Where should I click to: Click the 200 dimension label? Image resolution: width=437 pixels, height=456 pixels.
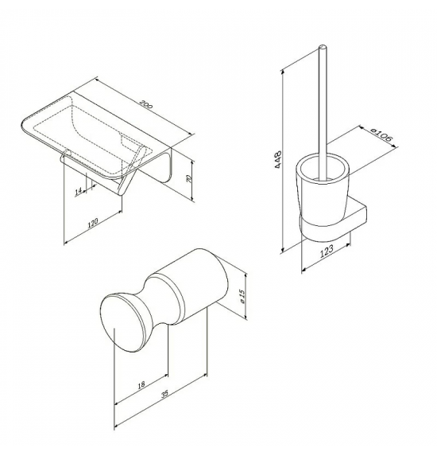(x=145, y=104)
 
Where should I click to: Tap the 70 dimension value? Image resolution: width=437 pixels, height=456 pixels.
(x=189, y=179)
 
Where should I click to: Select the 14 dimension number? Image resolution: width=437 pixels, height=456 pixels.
(x=78, y=191)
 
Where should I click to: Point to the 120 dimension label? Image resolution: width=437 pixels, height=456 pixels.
(x=93, y=223)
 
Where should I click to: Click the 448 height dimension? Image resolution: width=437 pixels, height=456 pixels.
(x=278, y=159)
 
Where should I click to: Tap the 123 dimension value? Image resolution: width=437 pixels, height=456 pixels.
(x=327, y=251)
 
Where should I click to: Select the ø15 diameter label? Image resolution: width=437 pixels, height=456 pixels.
(x=243, y=296)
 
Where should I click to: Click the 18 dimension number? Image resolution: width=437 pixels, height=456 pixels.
(x=141, y=385)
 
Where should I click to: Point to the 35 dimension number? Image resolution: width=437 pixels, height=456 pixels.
(x=164, y=394)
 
